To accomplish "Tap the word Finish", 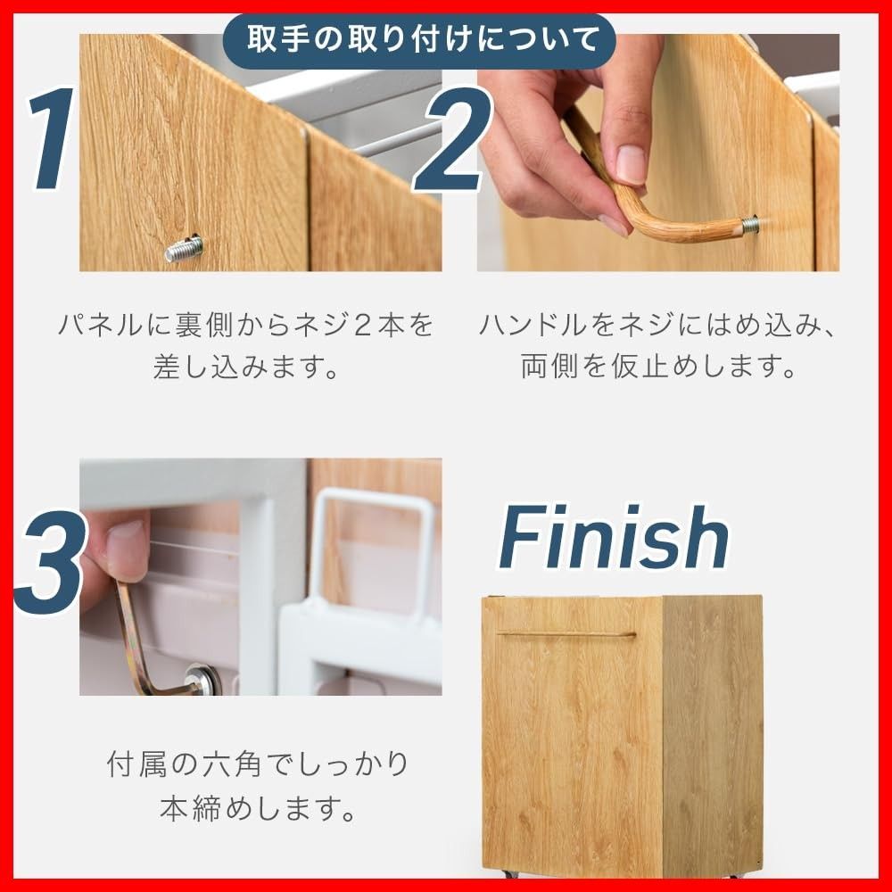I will [x=615, y=539].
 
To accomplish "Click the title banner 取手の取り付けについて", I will [x=418, y=40].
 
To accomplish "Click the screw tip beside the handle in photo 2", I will [x=751, y=225].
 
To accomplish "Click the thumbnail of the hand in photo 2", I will [x=571, y=134].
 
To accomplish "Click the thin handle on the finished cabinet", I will [x=566, y=634].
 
